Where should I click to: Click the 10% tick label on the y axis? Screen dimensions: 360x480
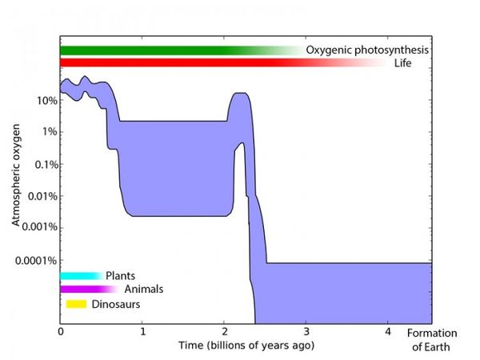[45, 101]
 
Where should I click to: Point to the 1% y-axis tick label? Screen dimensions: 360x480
[47, 132]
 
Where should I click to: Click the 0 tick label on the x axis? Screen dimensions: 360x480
[61, 330]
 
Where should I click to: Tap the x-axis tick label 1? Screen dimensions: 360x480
[142, 330]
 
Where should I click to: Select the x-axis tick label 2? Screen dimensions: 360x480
[224, 330]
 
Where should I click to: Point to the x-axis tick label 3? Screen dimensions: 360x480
[306, 330]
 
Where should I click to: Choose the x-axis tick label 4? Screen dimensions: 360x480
[387, 330]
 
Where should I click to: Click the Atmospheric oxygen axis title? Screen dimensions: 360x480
[16, 181]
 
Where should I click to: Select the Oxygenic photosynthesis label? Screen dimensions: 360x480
[368, 50]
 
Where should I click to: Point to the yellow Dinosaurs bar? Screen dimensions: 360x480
[76, 303]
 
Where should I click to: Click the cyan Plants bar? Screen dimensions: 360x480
[80, 276]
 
